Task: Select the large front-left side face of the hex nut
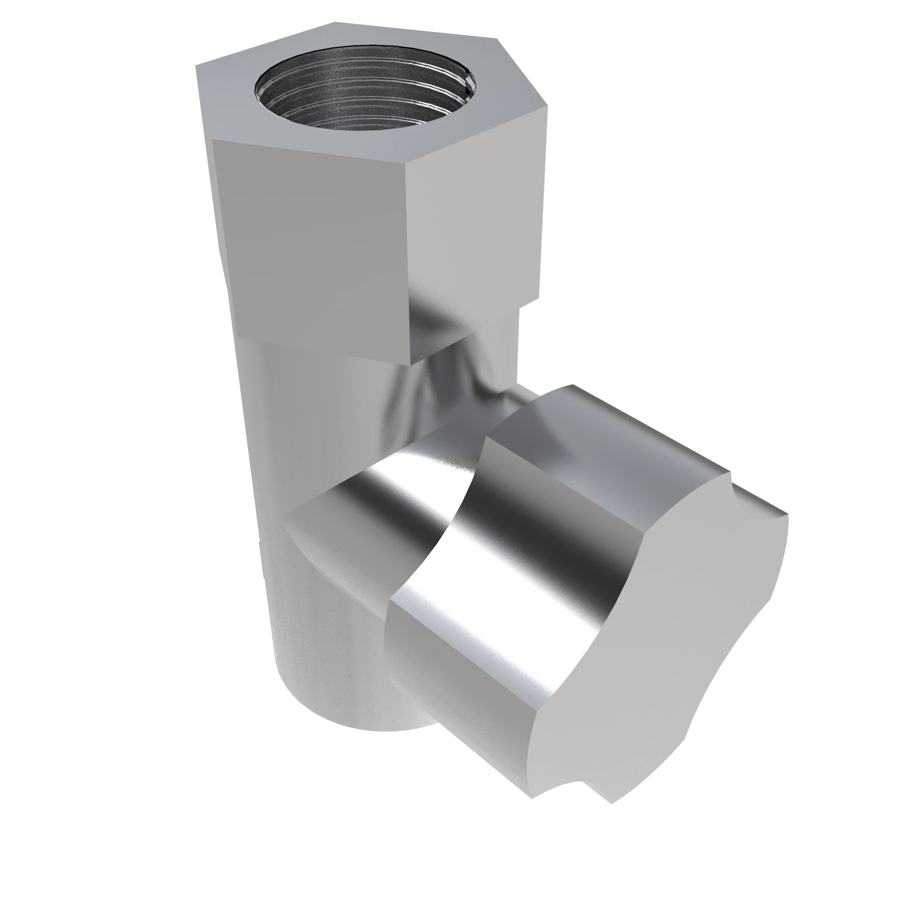point(311,245)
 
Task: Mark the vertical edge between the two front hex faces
point(409,259)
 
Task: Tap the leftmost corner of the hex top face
point(197,67)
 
